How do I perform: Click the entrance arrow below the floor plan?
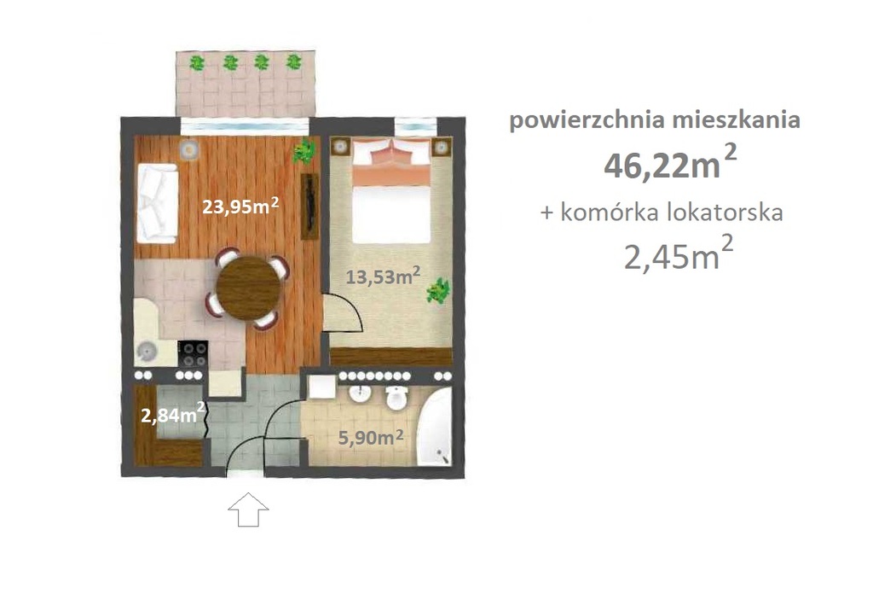pyautogui.click(x=248, y=512)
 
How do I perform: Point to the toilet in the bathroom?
pyautogui.click(x=396, y=398)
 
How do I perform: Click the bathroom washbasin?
pyautogui.click(x=360, y=397)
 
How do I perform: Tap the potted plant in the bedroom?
pyautogui.click(x=438, y=291)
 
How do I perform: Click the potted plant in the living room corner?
pyautogui.click(x=303, y=152)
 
